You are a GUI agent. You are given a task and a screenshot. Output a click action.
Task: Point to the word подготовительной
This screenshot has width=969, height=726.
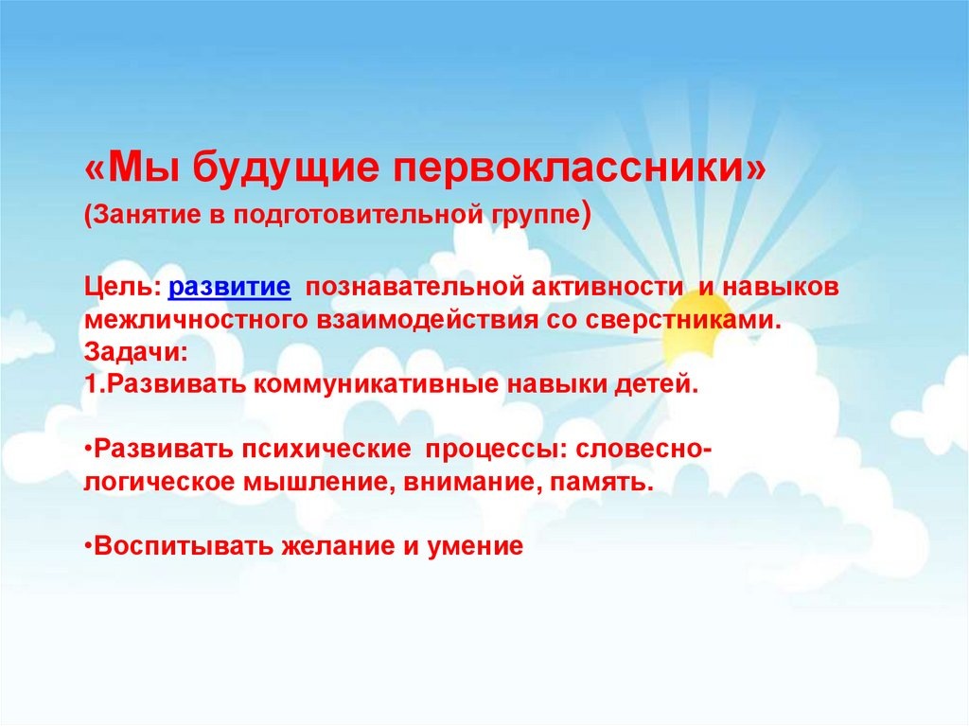pos(361,217)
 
